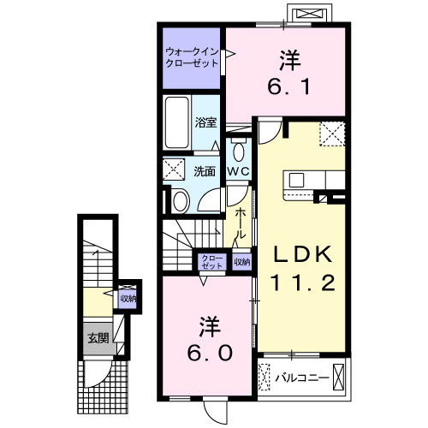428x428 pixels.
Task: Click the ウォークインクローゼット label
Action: pos(192,57)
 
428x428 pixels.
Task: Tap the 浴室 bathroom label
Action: pos(205,122)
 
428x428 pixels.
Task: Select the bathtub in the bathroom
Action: pos(177,122)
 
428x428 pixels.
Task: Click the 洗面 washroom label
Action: pos(205,171)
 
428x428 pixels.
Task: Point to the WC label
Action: pos(239,171)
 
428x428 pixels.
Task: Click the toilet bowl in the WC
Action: pos(239,152)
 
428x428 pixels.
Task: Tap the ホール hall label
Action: pos(240,223)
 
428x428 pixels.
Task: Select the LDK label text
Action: pos(303,254)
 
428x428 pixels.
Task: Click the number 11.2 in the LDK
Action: pos(302,282)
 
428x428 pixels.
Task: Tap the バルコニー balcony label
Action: pos(302,378)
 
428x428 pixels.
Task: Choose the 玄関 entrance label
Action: pos(98,338)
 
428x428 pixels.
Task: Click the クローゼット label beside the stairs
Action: pos(212,262)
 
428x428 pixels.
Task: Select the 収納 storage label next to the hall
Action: pos(242,262)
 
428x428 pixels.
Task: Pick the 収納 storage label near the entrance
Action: pos(128,299)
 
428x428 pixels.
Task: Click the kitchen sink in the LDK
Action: pos(296,180)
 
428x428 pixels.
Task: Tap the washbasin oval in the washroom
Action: pos(181,202)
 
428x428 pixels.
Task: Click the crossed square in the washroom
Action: pos(174,169)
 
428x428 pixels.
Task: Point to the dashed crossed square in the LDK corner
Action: pos(332,134)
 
